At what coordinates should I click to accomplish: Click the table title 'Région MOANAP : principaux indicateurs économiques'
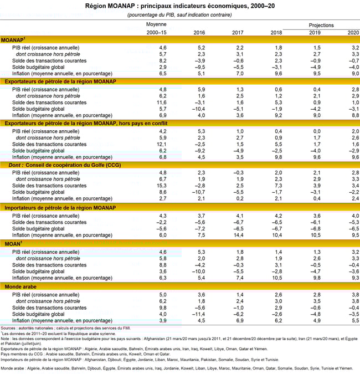pyautogui.click(x=179, y=5)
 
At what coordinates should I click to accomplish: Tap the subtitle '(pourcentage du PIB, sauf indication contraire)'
pyautogui.click(x=179, y=14)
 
